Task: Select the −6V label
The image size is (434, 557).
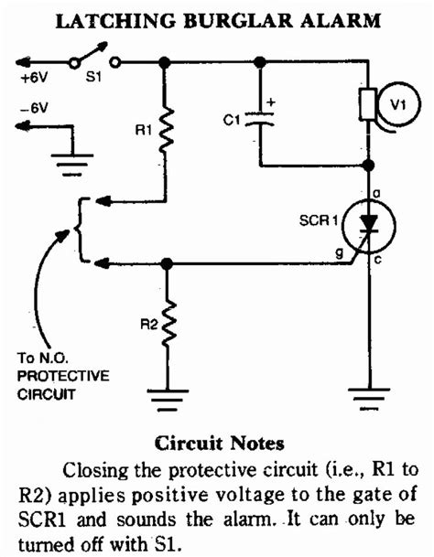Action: tap(36, 108)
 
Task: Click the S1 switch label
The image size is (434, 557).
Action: tap(93, 80)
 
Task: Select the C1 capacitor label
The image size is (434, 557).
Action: tap(233, 117)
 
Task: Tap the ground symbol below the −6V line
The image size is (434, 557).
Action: tap(65, 167)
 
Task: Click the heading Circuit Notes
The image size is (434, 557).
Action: tap(216, 444)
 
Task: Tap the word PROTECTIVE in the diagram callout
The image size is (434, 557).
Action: tap(62, 376)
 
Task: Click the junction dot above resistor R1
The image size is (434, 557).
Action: tap(166, 63)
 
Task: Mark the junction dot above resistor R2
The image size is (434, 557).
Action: tap(166, 262)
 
